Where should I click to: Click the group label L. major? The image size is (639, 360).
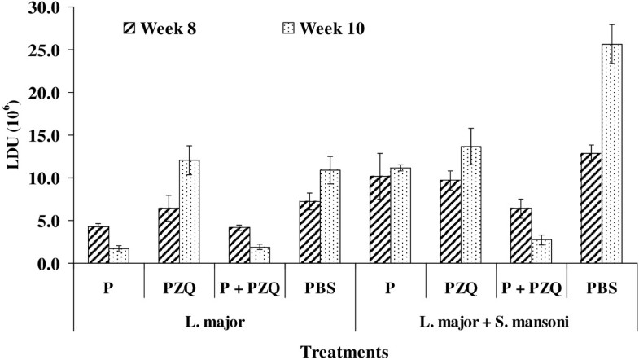coord(213,321)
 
